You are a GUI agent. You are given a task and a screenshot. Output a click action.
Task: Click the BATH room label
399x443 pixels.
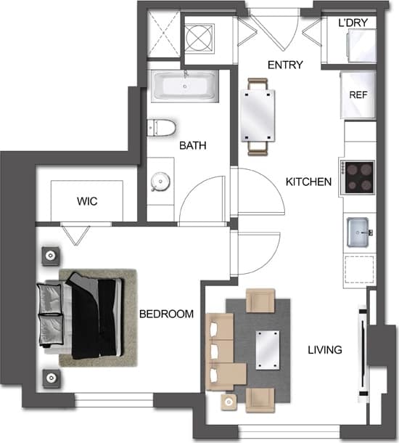point(193,146)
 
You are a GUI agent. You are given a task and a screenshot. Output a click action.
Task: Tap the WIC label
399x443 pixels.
point(87,201)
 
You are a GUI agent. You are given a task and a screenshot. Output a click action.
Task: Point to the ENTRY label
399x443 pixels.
point(285,65)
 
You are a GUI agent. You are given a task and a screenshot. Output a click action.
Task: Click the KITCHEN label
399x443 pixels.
point(308,182)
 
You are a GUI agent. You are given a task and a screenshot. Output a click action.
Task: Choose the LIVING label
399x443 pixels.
point(324,350)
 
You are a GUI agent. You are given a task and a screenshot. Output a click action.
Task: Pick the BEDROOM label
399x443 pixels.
point(166,314)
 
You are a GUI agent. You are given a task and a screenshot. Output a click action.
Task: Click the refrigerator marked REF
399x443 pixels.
point(358,95)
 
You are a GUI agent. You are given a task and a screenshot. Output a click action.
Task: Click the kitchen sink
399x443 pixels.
point(359,232)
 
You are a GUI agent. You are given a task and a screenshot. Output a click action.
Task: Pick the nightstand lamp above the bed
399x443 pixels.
point(51,256)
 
